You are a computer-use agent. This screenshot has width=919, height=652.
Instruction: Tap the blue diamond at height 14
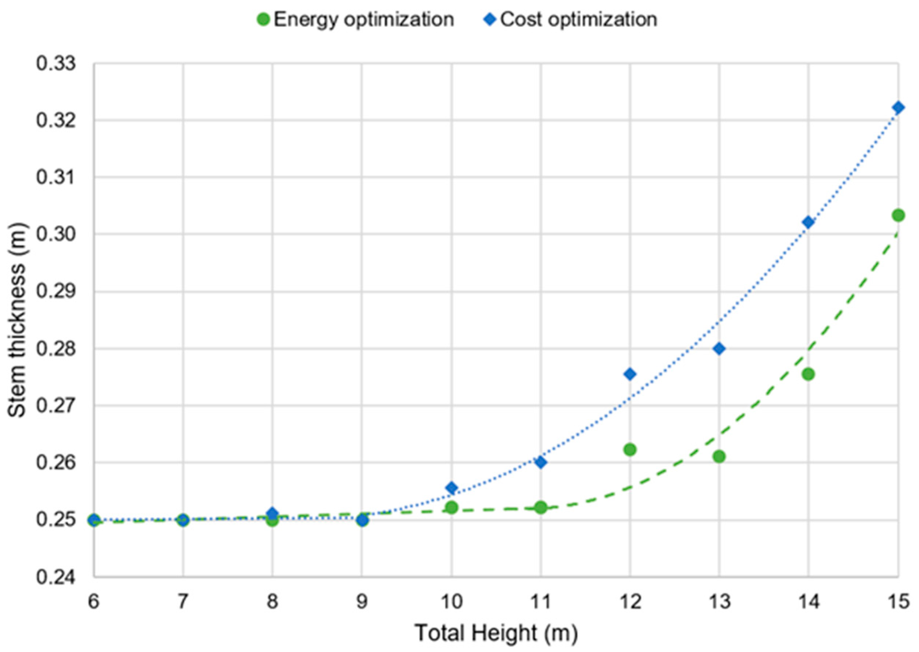pyautogui.click(x=808, y=222)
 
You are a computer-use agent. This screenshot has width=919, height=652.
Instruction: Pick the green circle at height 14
pyautogui.click(x=808, y=374)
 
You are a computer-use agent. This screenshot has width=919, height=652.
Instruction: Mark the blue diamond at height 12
pyautogui.click(x=630, y=374)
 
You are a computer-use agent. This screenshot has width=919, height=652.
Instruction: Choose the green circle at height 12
pyautogui.click(x=630, y=450)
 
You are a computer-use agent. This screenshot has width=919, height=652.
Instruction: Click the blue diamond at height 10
pyautogui.click(x=452, y=488)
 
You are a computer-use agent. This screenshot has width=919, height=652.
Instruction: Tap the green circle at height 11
pyautogui.click(x=541, y=507)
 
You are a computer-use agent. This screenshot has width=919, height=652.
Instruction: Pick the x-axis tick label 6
pyautogui.click(x=94, y=602)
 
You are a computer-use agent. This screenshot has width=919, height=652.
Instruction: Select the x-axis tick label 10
pyautogui.click(x=452, y=602)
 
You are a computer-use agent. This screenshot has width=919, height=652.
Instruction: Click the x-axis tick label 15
pyautogui.click(x=897, y=602)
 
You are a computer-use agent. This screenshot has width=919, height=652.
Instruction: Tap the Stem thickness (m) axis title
pyautogui.click(x=17, y=321)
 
